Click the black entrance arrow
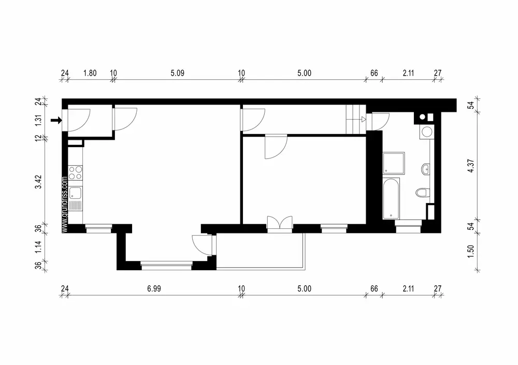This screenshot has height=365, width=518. click(56, 121)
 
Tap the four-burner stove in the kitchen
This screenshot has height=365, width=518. click(75, 172)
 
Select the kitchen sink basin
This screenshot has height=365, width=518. click(75, 194)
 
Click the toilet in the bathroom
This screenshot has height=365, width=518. click(422, 193)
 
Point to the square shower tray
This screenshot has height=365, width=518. click(392, 163)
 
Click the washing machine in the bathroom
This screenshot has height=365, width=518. click(427, 132)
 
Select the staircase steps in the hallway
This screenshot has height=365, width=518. click(354, 120)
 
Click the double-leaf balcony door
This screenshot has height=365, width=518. click(280, 222)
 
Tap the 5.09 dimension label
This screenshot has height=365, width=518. click(177, 73)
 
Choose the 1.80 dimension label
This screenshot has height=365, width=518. click(90, 73)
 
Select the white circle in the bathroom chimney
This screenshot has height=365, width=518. click(423, 117)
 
